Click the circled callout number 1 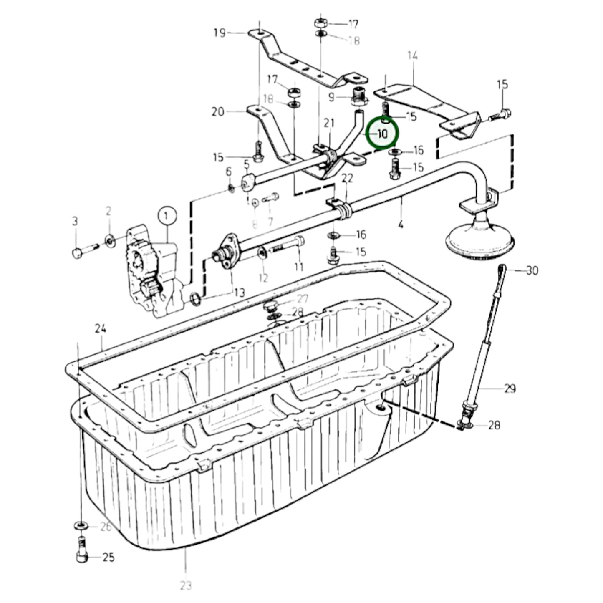pyautogui.click(x=167, y=216)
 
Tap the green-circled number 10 pyautogui.click(x=382, y=134)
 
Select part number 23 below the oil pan pyautogui.click(x=186, y=585)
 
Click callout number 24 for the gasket pyautogui.click(x=100, y=328)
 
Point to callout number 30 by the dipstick pyautogui.click(x=532, y=271)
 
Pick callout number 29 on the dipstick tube pyautogui.click(x=510, y=389)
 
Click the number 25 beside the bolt pyautogui.click(x=108, y=557)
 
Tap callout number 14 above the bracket pyautogui.click(x=412, y=56)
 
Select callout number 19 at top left pyautogui.click(x=220, y=33)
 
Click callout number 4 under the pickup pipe pyautogui.click(x=401, y=225)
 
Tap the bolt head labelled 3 pyautogui.click(x=77, y=252)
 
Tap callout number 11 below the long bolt pyautogui.click(x=298, y=266)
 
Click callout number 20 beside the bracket pyautogui.click(x=218, y=112)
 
